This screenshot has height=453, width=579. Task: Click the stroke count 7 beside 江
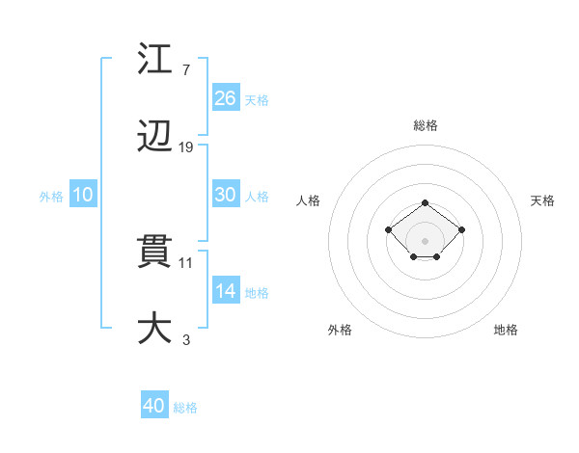click(x=186, y=70)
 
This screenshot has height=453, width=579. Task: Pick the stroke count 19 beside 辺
click(x=186, y=147)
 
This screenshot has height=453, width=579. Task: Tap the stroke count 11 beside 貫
click(x=186, y=262)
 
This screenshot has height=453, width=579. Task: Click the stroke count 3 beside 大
click(x=186, y=339)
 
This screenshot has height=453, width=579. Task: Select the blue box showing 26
click(x=226, y=97)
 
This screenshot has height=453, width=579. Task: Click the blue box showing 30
click(x=226, y=194)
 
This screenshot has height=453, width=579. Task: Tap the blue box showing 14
click(x=226, y=290)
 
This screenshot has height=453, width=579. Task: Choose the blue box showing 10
click(x=83, y=195)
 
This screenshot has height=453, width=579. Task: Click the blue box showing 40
click(x=154, y=406)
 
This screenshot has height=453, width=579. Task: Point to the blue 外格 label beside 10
click(x=51, y=197)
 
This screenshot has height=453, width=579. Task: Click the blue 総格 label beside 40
click(x=185, y=408)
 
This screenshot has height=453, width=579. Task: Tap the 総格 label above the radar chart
click(x=426, y=125)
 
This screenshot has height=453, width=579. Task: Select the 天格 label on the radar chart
click(x=542, y=200)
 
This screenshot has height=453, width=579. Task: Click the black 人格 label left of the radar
click(x=309, y=200)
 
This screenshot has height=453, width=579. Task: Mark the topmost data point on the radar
click(x=426, y=202)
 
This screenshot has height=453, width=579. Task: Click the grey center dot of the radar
click(x=426, y=241)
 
